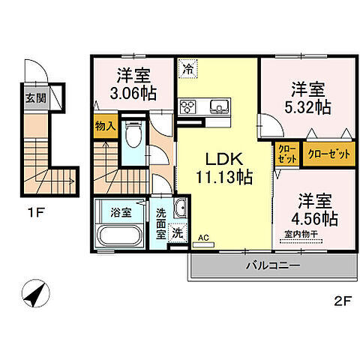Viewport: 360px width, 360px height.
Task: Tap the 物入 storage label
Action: pyautogui.click(x=105, y=127)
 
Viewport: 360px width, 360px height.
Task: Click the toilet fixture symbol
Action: pyautogui.click(x=133, y=136)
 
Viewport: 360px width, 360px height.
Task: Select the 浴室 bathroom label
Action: pyautogui.click(x=122, y=211)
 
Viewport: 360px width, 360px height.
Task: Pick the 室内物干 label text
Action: pyautogui.click(x=311, y=236)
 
